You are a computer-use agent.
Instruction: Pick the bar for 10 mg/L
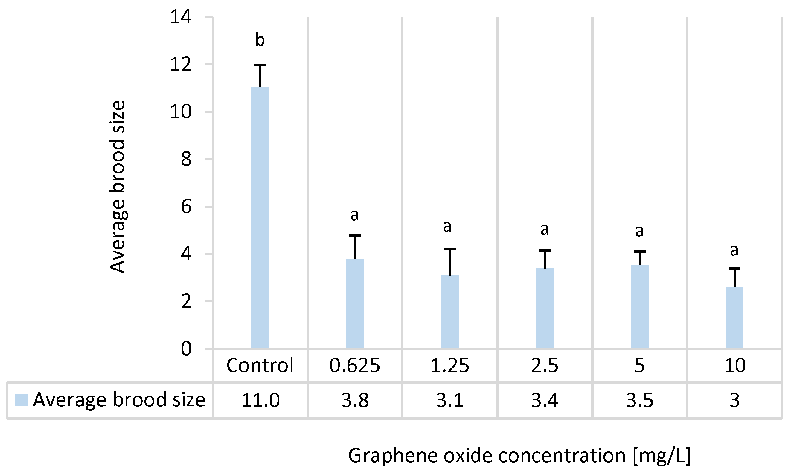(734, 317)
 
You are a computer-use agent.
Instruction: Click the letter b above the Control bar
(260, 40)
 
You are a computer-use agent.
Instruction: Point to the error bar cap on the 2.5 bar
(545, 250)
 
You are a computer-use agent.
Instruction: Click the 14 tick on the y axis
(181, 17)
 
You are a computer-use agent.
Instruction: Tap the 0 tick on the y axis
(186, 349)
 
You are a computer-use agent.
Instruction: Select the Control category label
(260, 365)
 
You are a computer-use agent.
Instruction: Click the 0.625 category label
(355, 365)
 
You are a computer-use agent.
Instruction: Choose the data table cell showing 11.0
(260, 400)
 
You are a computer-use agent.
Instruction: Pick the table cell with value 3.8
(355, 400)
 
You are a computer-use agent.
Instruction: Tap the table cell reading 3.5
(640, 400)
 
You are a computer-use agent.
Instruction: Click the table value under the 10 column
(734, 400)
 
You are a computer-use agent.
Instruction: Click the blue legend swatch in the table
(21, 400)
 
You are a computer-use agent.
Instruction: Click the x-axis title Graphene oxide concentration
(519, 455)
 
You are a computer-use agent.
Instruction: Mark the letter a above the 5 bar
(640, 231)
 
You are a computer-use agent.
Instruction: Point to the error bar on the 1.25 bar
(450, 261)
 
